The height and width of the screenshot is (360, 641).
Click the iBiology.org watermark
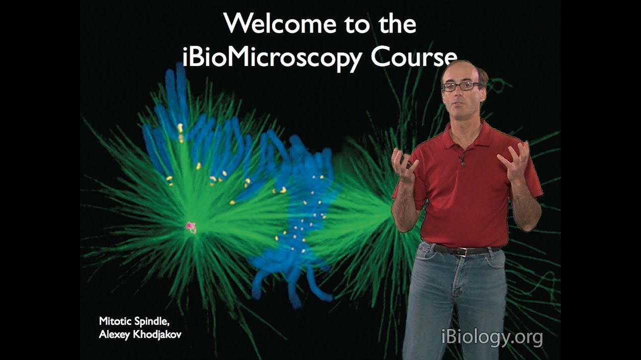(492, 337)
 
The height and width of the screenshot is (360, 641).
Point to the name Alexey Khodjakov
(140, 334)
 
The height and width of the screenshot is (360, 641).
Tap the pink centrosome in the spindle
(190, 226)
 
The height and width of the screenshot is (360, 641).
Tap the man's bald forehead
(459, 72)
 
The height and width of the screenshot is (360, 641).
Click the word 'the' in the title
(398, 23)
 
